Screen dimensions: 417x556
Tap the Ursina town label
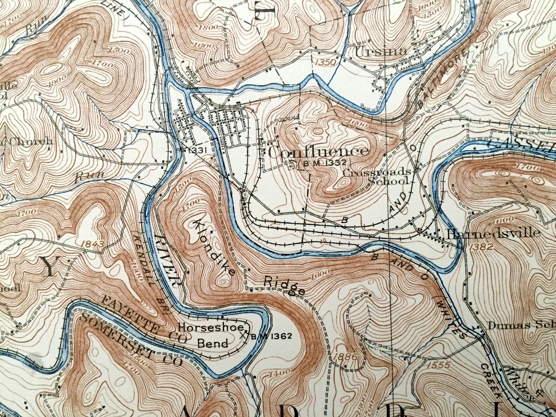[x=381, y=52]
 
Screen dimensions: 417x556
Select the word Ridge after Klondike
[x=284, y=285]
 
